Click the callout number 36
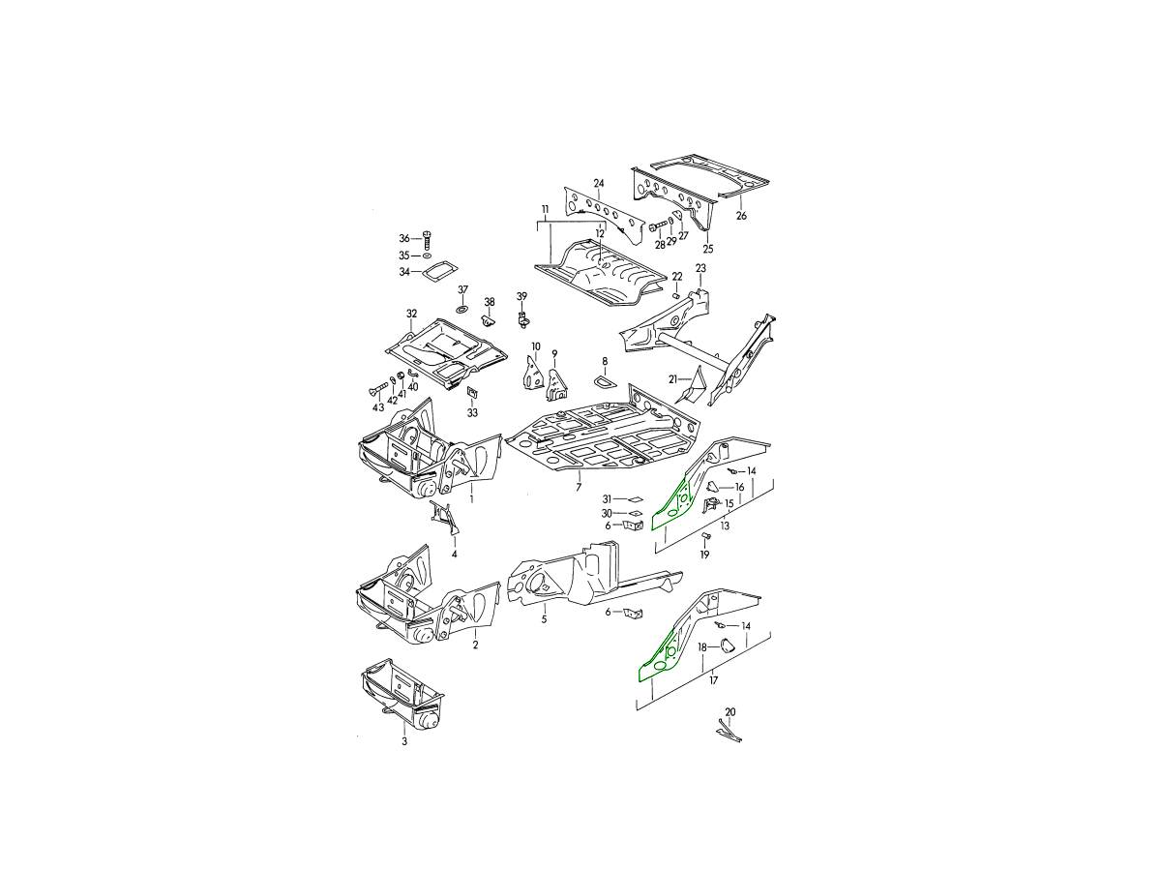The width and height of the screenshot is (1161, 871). tap(404, 238)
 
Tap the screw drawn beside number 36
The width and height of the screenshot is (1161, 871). tap(428, 240)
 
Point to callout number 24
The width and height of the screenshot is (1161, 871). tap(598, 184)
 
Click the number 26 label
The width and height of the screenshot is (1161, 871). tap(741, 216)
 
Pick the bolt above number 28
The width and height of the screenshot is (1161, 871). tap(658, 228)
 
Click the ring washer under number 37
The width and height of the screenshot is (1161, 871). tap(461, 309)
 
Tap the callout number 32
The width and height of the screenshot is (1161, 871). tap(411, 314)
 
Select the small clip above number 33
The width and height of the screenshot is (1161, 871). tap(472, 392)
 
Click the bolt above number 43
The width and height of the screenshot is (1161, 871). tap(375, 392)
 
